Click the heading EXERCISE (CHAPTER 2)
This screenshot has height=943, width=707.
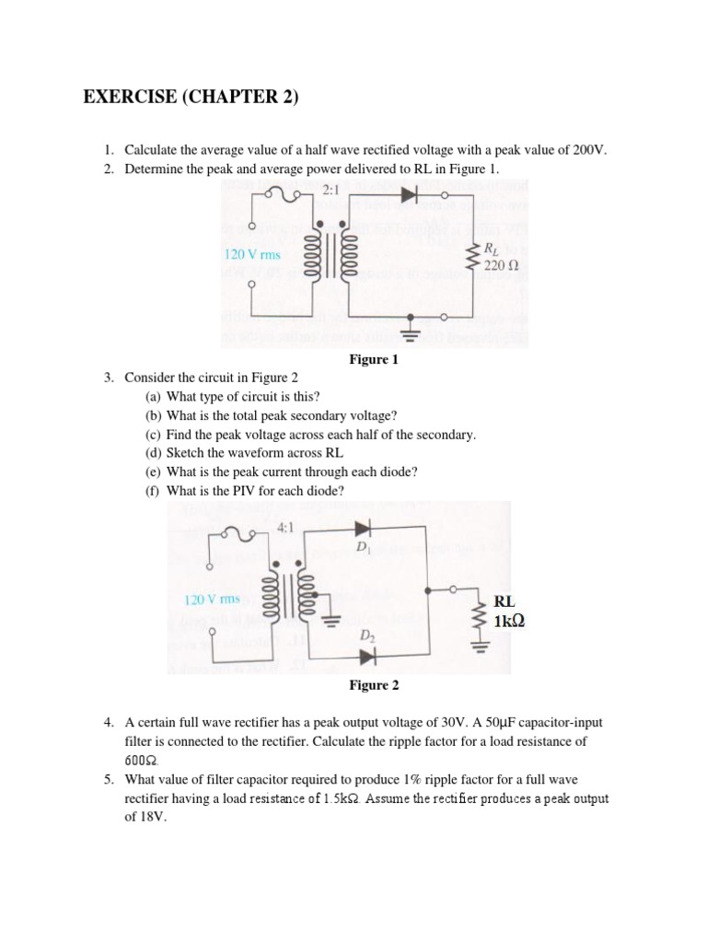(x=191, y=98)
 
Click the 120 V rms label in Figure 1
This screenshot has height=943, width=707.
(x=253, y=254)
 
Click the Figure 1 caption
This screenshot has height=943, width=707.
(x=374, y=360)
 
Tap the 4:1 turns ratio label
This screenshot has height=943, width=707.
(x=285, y=529)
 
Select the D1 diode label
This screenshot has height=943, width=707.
(x=362, y=548)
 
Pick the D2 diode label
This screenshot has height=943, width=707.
(x=366, y=636)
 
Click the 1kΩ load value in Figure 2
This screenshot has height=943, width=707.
(x=509, y=622)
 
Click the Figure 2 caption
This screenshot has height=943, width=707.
(x=374, y=685)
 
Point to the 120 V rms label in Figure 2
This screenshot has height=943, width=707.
(x=213, y=600)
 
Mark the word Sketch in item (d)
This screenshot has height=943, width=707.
(x=186, y=452)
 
